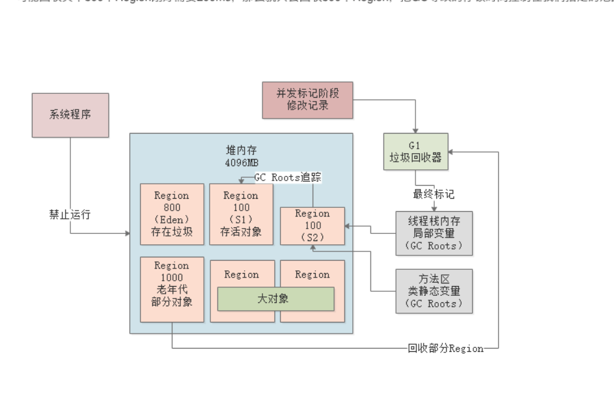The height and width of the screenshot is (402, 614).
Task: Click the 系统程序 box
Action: click(70, 115)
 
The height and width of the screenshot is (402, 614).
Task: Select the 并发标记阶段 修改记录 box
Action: click(300, 99)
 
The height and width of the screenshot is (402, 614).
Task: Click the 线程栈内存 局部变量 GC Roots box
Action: click(434, 233)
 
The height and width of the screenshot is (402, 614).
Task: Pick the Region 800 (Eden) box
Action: click(171, 214)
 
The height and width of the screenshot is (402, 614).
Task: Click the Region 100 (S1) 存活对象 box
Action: click(242, 214)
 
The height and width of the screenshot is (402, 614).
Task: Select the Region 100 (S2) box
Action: click(312, 225)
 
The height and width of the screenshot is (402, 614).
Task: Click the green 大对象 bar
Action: click(275, 298)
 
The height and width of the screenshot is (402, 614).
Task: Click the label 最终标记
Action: click(432, 194)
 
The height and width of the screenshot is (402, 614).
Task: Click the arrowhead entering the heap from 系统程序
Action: click(127, 233)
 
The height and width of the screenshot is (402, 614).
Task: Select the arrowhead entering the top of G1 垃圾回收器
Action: click(416, 130)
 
